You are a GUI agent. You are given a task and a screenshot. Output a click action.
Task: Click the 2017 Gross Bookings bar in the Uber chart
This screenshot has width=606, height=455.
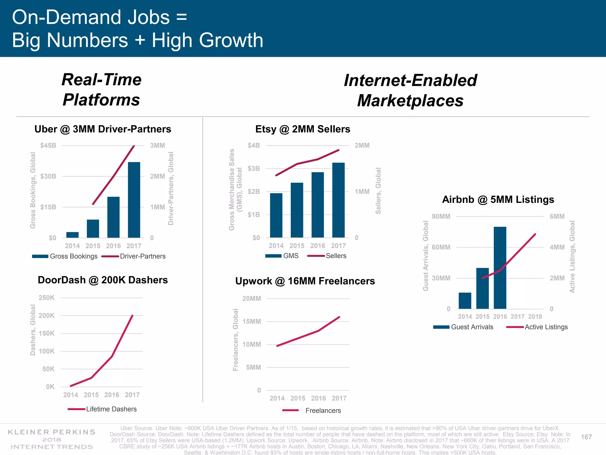(134, 200)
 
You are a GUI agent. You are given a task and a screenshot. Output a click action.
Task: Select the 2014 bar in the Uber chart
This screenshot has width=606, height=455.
(72, 235)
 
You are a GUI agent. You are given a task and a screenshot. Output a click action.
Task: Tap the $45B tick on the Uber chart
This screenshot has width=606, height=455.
(48, 145)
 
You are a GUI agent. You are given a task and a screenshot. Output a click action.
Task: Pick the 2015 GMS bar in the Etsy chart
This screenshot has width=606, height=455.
(297, 210)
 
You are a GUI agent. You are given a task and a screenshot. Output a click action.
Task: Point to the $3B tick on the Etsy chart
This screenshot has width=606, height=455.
(254, 169)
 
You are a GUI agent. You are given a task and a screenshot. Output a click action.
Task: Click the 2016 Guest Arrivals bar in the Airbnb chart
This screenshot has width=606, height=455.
(500, 268)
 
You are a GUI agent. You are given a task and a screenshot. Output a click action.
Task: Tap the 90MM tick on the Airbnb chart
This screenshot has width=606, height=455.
(441, 217)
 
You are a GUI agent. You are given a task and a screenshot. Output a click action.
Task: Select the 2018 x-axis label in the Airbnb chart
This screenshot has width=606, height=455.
(535, 317)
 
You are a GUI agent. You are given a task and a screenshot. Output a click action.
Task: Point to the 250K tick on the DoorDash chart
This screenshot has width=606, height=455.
(46, 298)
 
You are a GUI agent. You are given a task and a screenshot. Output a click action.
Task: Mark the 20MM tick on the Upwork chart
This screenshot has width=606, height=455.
(252, 299)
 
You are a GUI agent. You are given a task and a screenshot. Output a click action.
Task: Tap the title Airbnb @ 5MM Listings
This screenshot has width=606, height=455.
(498, 200)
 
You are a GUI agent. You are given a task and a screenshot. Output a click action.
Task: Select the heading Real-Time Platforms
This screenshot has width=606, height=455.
(101, 89)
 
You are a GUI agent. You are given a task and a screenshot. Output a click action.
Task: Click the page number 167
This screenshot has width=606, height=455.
(586, 437)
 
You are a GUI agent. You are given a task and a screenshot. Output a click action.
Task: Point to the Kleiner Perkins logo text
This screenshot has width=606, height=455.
(52, 439)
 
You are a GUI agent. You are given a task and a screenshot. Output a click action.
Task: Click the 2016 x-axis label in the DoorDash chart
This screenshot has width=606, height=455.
(112, 395)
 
